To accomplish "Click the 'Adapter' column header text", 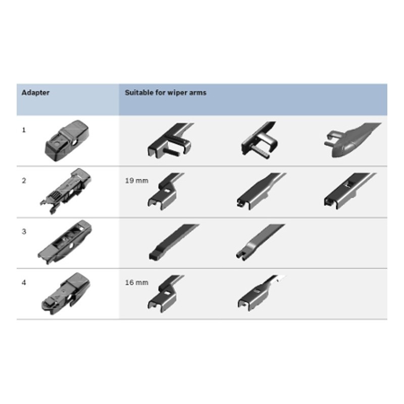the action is point(35,93).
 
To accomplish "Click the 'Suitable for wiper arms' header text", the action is point(166,93).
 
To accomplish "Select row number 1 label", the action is point(24,130).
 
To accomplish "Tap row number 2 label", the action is point(24,181).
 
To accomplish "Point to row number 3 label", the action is point(24,232).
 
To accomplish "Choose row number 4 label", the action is point(24,283).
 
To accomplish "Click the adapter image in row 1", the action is point(67,140).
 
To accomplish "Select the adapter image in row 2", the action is point(66,191).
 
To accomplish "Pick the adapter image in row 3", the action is point(65,242).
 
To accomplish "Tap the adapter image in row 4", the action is point(66,293).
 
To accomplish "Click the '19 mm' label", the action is point(136,181).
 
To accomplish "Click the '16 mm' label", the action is point(136,283).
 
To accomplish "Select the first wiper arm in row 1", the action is point(170,140).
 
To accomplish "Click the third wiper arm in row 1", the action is point(351,140).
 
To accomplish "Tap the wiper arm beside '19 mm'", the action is point(166,191).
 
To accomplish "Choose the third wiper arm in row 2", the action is point(349,191).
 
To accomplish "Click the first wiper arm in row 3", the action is point(173,242).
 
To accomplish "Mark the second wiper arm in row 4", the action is point(260,293).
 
